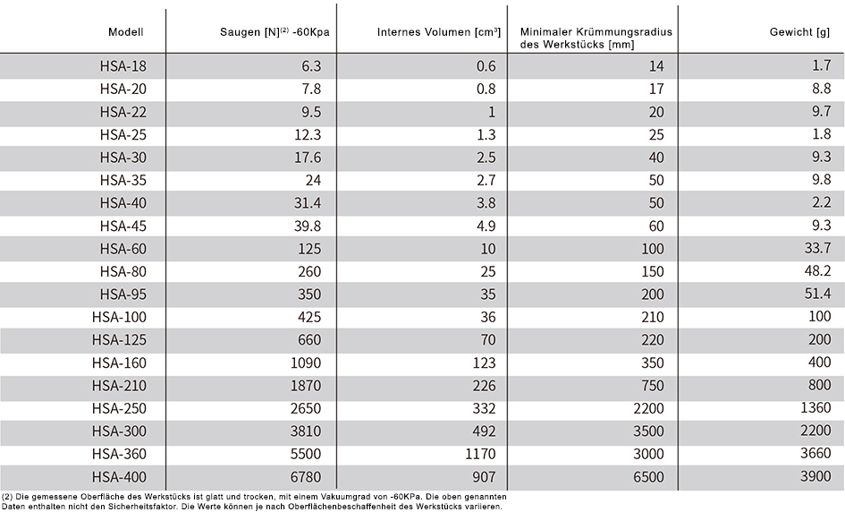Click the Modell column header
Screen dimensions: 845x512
point(125,32)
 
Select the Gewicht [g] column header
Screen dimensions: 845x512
point(799,32)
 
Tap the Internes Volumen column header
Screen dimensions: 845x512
point(439,32)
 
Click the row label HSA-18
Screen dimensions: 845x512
point(123,66)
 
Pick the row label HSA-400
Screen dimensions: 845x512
point(119,477)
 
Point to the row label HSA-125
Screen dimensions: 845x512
point(119,340)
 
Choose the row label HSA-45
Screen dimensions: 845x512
point(123,226)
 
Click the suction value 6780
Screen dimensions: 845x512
point(306,477)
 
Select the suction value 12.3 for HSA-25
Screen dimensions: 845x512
point(308,134)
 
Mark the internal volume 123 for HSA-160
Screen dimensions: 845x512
point(484,363)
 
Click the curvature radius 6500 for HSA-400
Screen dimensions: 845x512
point(649,477)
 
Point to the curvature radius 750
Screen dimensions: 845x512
point(653,385)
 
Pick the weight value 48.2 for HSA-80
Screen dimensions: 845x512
point(817,270)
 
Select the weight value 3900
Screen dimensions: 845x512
point(815,476)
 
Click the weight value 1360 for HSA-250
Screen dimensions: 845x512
point(815,407)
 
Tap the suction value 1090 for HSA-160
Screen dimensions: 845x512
point(306,363)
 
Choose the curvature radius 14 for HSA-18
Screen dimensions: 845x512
point(656,66)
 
